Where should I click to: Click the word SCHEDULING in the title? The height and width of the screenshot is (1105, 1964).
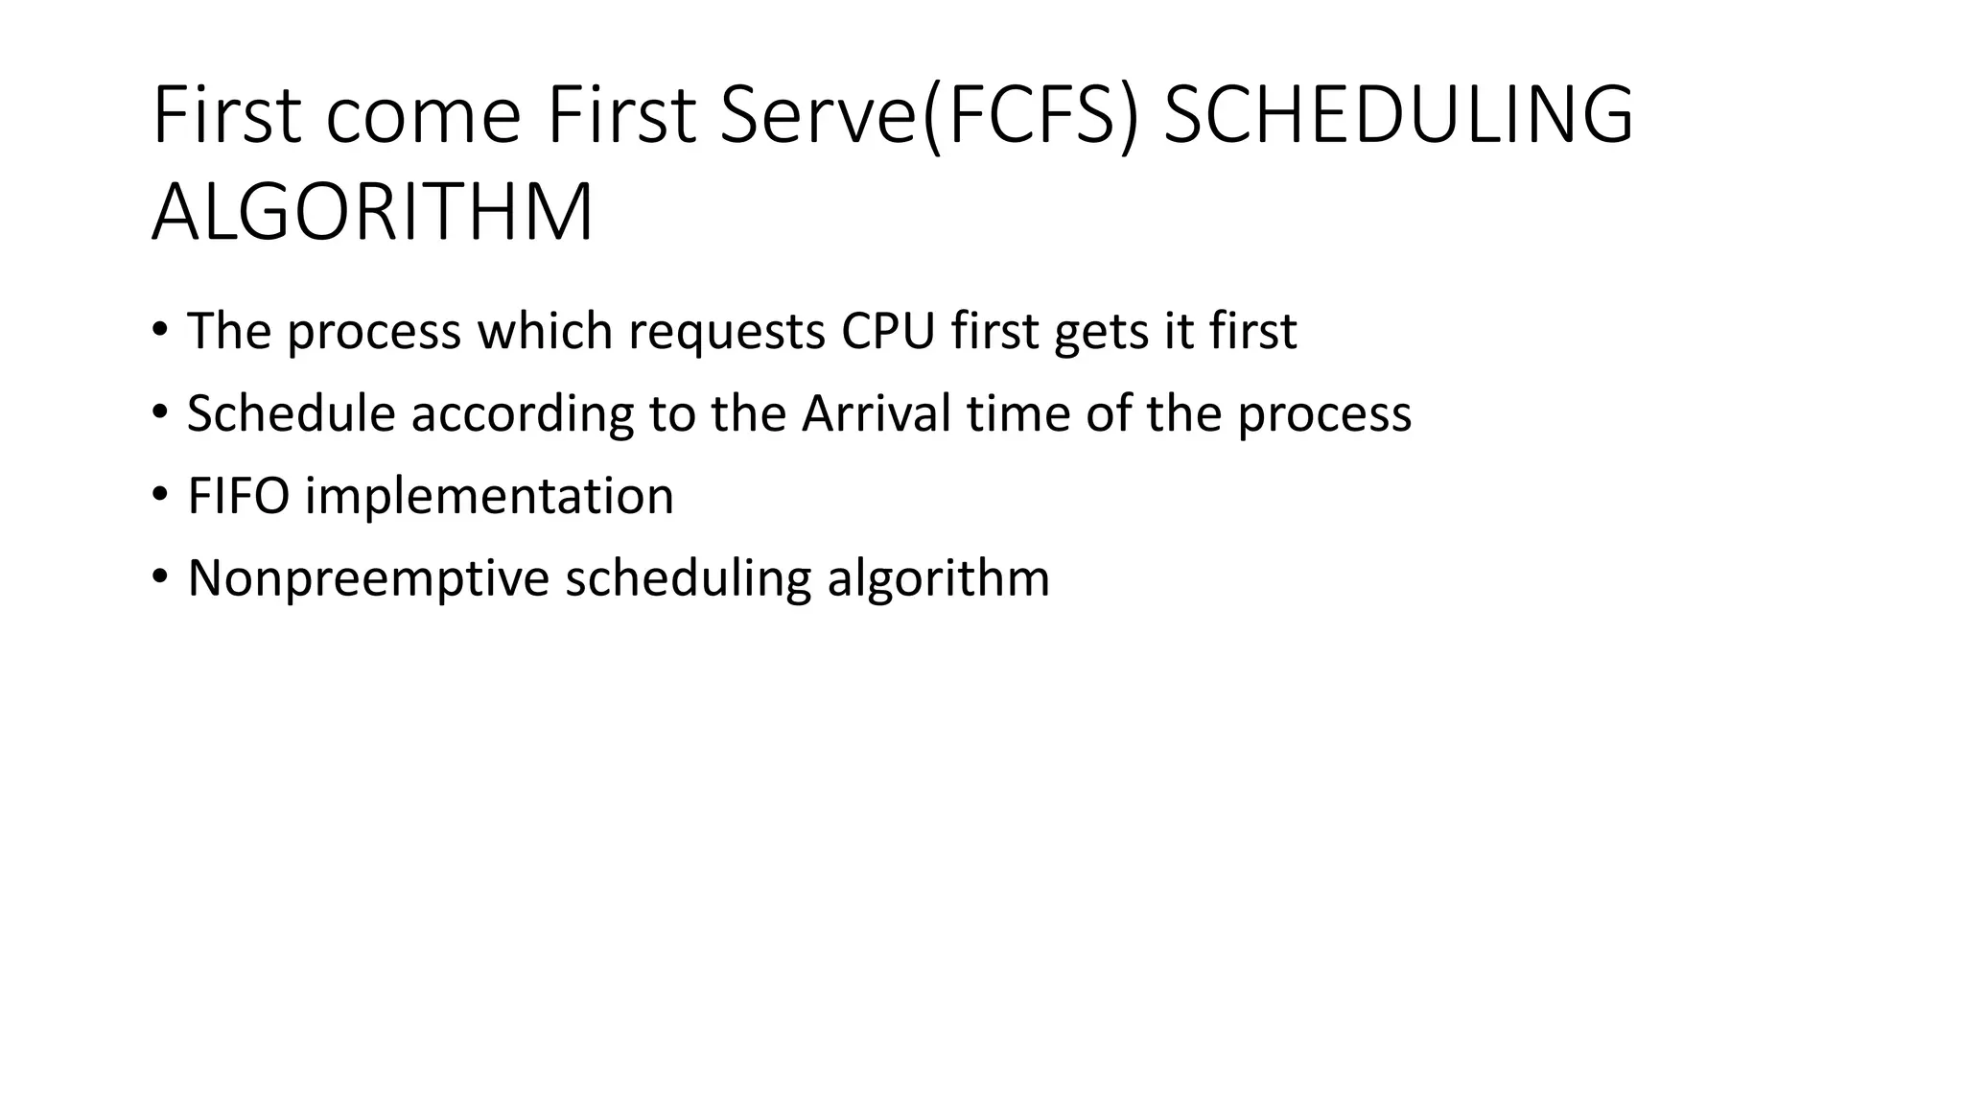click(x=1397, y=115)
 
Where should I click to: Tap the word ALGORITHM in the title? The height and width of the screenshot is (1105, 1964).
click(x=372, y=213)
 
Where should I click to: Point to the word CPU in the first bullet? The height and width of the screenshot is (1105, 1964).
click(x=887, y=331)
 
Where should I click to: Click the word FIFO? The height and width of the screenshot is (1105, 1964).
click(x=239, y=496)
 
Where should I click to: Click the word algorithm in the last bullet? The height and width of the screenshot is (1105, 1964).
click(x=938, y=579)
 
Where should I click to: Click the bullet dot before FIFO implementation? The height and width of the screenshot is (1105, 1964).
click(x=159, y=496)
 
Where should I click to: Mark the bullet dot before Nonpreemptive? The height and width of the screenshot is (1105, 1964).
click(x=159, y=578)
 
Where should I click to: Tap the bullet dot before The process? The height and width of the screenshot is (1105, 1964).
click(x=159, y=331)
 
